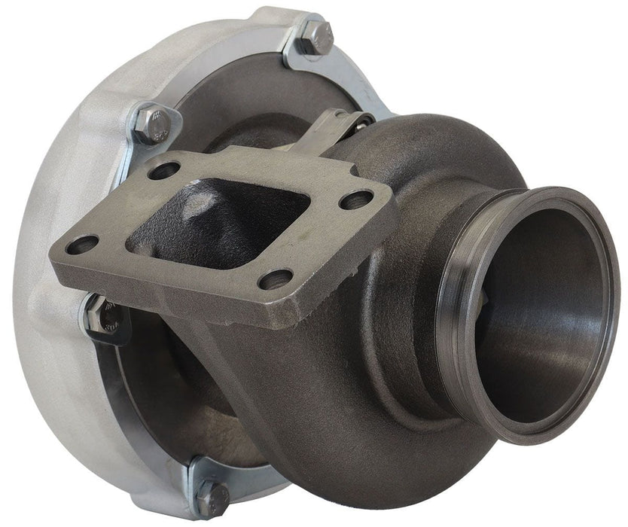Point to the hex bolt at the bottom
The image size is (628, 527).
212,497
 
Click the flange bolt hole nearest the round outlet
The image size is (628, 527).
355,200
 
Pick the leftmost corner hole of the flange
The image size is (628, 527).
83,245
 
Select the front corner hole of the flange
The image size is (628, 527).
274,279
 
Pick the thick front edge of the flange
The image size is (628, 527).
226,301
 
